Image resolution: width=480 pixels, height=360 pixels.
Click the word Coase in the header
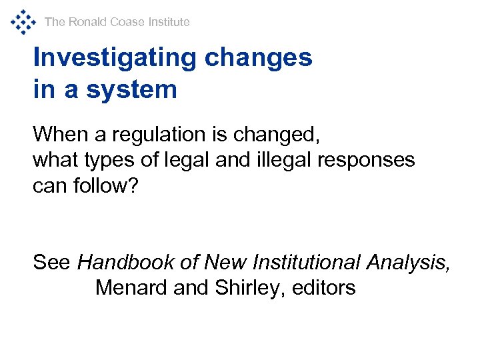pyautogui.click(x=127, y=22)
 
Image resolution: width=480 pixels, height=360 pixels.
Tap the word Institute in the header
pyautogui.click(x=169, y=22)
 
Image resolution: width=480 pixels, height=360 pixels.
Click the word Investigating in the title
pyautogui.click(x=114, y=58)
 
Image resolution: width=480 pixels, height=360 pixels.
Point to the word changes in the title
pyautogui.click(x=259, y=58)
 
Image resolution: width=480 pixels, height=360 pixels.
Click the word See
pyautogui.click(x=51, y=263)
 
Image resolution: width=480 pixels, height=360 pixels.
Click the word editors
pyautogui.click(x=324, y=288)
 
